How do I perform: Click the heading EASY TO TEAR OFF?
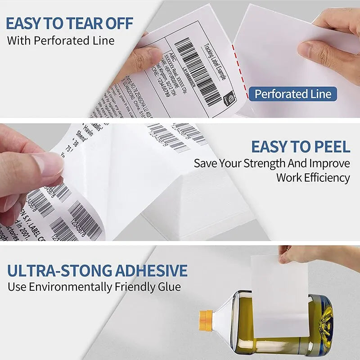click(x=70, y=23)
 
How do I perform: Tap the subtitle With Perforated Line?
click(x=61, y=40)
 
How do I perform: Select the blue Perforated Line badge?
click(x=293, y=94)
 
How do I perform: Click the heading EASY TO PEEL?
click(x=300, y=147)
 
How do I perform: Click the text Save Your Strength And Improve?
click(x=272, y=163)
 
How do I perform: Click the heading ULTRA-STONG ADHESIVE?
click(x=97, y=270)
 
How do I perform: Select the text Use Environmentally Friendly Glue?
click(x=94, y=287)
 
